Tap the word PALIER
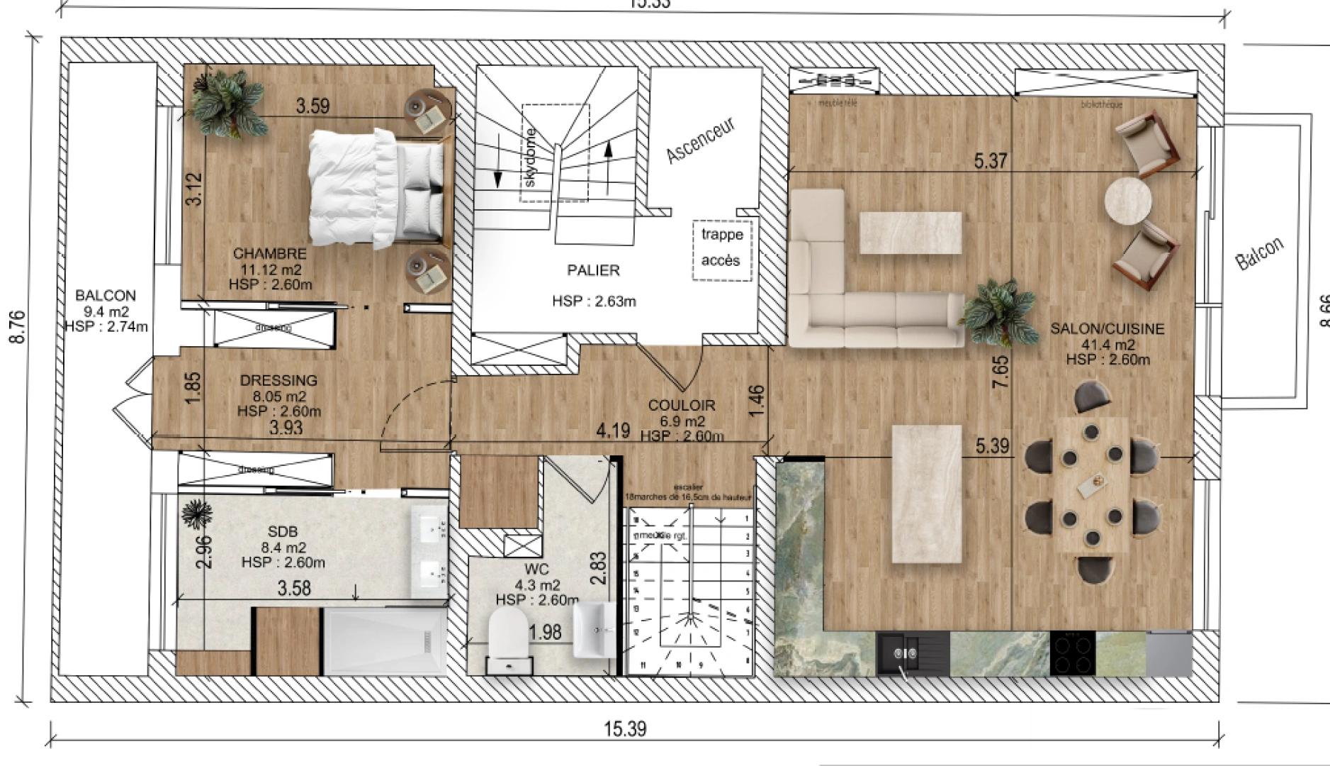[x=593, y=270]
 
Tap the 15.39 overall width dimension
[x=625, y=728]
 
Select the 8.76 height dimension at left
[x=18, y=327]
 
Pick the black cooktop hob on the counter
[x=1072, y=653]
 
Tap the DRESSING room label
[x=278, y=381]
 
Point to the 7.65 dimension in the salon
[x=1000, y=371]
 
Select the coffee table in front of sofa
[x=910, y=233]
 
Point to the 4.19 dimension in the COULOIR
[x=612, y=430]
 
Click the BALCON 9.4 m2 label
[x=106, y=311]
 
